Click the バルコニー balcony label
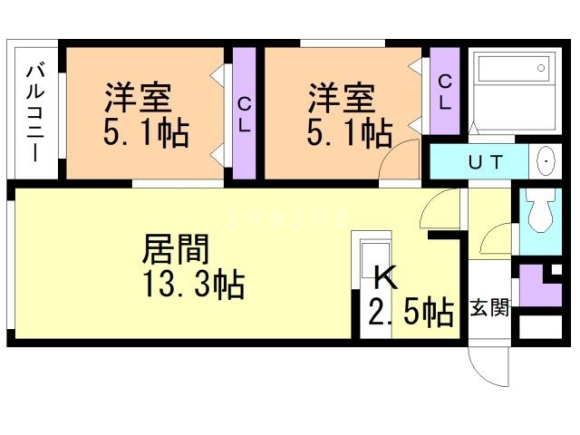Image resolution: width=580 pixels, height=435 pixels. (36, 113)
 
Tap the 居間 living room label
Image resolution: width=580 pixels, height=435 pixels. (176, 249)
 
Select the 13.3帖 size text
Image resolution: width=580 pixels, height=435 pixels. (195, 285)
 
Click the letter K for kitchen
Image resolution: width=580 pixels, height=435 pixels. (386, 278)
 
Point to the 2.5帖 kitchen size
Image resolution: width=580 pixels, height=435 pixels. (411, 313)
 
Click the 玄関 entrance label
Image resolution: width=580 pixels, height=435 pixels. (489, 308)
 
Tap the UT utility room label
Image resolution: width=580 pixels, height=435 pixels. (486, 162)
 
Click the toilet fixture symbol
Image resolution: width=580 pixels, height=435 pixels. (540, 211)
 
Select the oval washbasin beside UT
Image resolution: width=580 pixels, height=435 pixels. (546, 161)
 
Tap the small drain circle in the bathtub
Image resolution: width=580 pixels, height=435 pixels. (541, 68)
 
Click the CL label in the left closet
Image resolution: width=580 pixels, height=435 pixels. (244, 115)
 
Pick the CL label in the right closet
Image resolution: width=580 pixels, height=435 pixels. (445, 92)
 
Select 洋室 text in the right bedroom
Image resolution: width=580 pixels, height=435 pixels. (342, 98)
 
